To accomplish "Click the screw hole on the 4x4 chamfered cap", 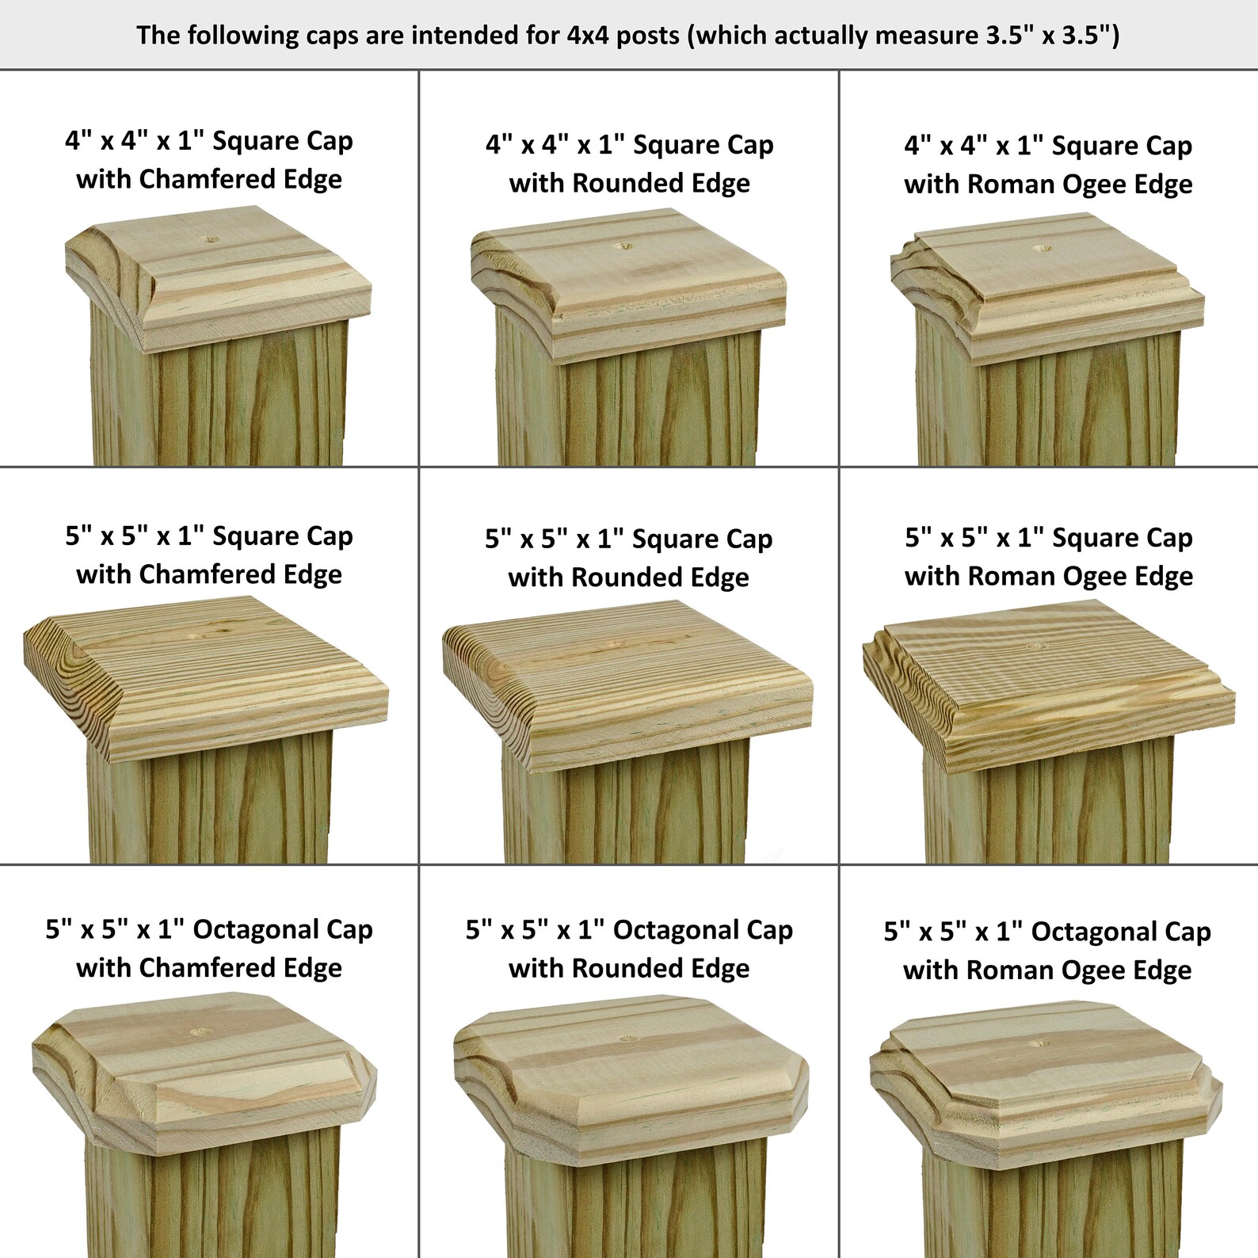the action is (x=209, y=238).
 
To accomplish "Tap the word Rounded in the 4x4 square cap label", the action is (x=618, y=183).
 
